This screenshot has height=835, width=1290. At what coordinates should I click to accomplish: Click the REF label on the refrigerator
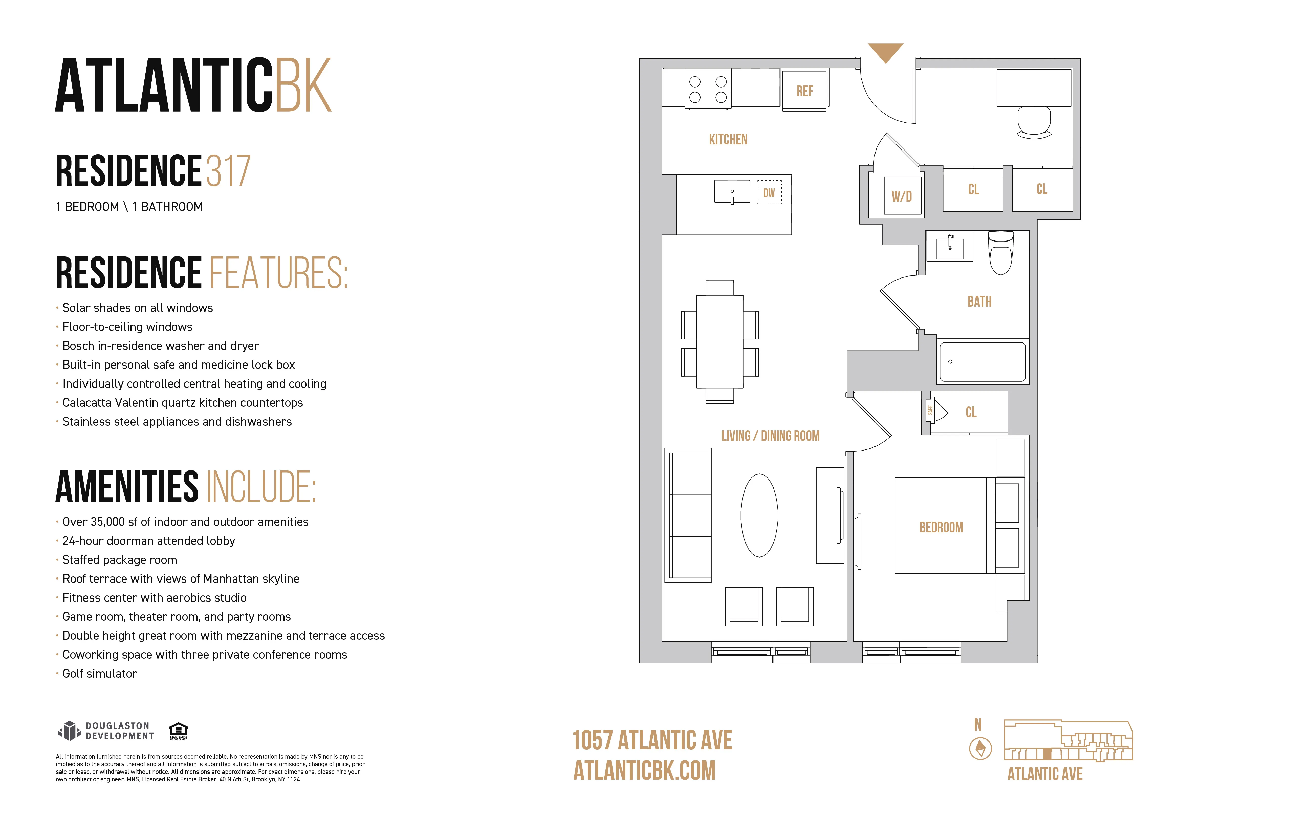[804, 91]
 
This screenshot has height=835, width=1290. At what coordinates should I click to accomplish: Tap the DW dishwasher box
[769, 192]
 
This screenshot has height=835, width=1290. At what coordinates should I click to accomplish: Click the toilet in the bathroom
[1000, 254]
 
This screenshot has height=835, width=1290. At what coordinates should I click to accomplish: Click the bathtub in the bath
[982, 362]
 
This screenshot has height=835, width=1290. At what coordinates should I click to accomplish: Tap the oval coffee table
[759, 515]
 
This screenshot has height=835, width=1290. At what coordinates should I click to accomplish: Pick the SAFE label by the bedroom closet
[930, 411]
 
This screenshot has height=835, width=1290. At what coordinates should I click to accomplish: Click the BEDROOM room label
[941, 528]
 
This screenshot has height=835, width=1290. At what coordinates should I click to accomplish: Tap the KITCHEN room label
[728, 140]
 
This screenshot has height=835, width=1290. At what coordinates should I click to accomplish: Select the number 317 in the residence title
[228, 171]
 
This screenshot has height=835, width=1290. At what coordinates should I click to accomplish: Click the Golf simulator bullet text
[100, 673]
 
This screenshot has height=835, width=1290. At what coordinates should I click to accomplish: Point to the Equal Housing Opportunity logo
[178, 730]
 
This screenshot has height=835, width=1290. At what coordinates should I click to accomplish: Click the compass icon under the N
[980, 749]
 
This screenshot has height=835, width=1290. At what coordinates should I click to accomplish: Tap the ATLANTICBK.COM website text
[644, 770]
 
